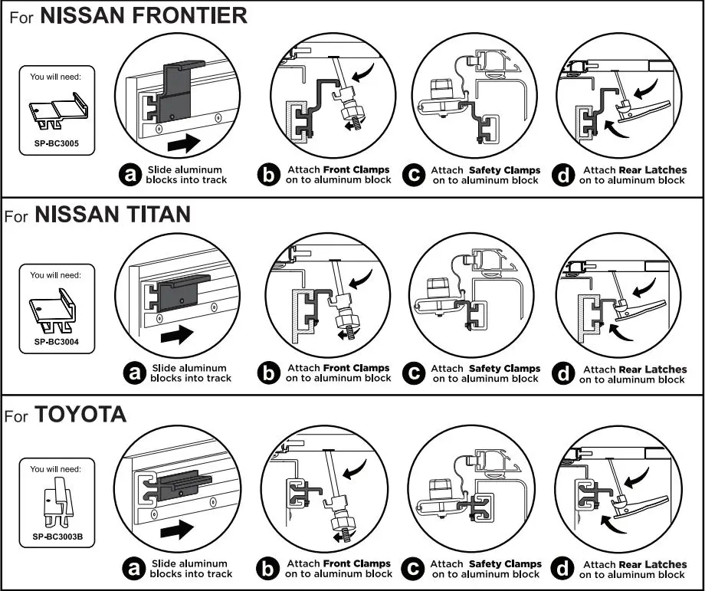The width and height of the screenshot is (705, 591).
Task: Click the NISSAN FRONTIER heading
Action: (143, 17)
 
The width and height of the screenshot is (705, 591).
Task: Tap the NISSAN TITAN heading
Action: (113, 215)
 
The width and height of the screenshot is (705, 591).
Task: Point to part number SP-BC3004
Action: (57, 342)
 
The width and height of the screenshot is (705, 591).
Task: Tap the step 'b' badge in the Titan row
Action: (269, 373)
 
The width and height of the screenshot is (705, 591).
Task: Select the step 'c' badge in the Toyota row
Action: (415, 570)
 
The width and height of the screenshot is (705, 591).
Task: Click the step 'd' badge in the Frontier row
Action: (565, 176)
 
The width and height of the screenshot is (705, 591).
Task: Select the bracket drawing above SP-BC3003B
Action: (57, 502)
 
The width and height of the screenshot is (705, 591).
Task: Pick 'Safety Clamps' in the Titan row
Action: (504, 369)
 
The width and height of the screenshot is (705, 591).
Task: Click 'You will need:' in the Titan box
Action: (57, 274)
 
